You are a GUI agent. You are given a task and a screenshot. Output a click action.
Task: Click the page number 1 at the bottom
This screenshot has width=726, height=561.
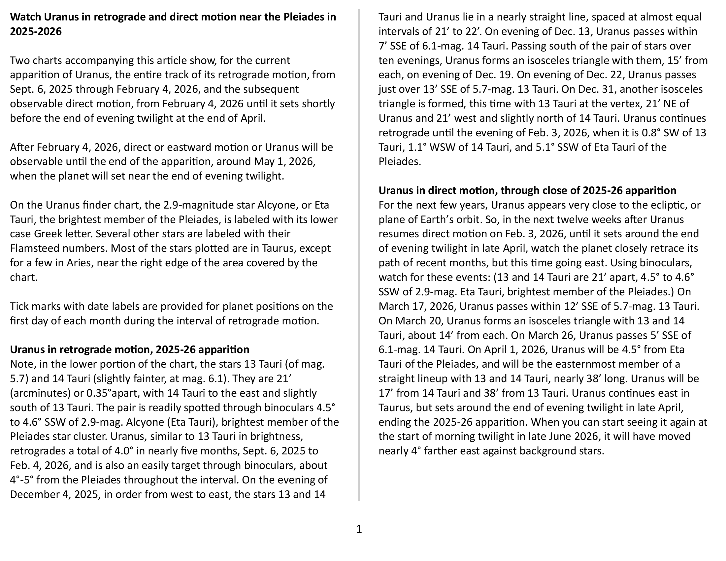click(359, 529)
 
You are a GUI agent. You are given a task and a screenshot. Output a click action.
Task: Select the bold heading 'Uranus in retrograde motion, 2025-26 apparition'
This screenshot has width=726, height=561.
click(130, 349)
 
